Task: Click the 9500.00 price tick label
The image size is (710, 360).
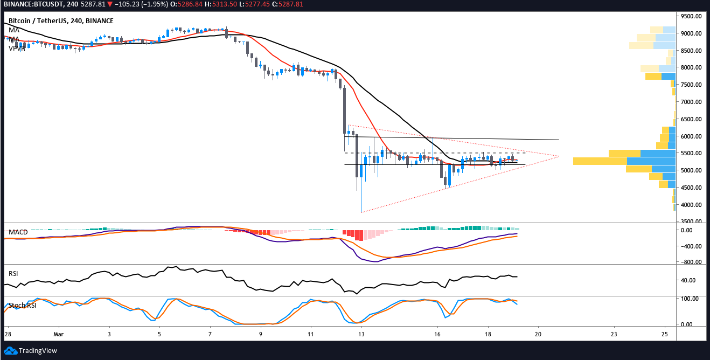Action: tap(692, 16)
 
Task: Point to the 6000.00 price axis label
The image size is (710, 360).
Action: tap(692, 136)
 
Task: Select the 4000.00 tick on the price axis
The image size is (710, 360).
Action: tap(692, 205)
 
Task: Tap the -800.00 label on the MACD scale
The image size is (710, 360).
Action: tap(692, 262)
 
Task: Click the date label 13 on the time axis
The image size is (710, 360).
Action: tap(363, 334)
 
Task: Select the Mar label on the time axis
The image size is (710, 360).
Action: tap(59, 334)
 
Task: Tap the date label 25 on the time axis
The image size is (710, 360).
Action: tap(665, 334)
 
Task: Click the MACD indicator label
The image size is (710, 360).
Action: tap(18, 232)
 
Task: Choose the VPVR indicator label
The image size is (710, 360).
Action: tap(17, 48)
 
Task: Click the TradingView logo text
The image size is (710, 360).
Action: tap(38, 351)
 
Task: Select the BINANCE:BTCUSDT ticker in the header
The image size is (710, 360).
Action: tap(32, 5)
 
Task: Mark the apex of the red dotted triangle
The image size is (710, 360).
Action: tap(559, 156)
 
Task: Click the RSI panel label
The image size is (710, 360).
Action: tap(13, 274)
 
